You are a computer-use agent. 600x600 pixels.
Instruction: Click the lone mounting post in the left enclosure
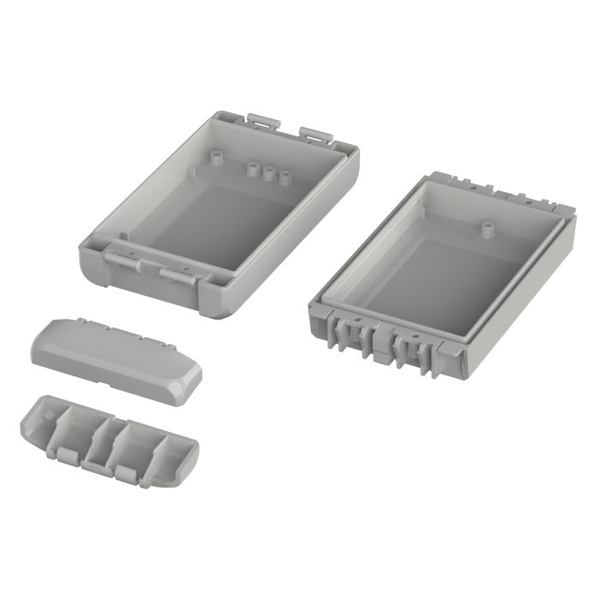click(x=216, y=158)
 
